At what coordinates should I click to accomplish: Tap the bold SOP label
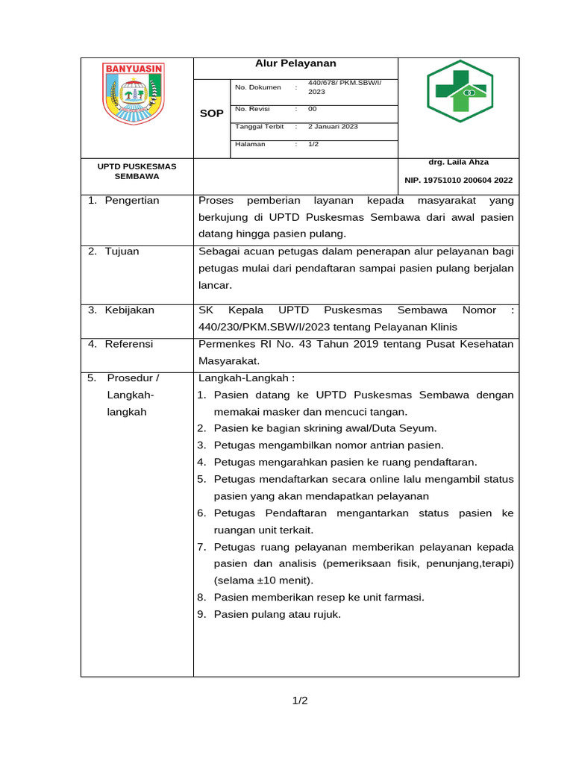[211, 113]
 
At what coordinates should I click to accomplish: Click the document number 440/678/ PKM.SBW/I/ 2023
[344, 87]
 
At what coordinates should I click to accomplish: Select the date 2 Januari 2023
[333, 127]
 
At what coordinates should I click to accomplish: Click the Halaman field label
[250, 144]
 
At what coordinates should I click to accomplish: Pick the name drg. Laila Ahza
[458, 162]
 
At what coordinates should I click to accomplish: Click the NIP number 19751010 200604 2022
[458, 181]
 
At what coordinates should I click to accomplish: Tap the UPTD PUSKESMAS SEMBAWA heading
[137, 171]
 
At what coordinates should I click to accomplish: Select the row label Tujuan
[122, 251]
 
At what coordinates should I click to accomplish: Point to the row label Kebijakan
[129, 310]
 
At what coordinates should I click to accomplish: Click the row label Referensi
[128, 344]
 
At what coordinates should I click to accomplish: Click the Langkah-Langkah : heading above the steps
[246, 378]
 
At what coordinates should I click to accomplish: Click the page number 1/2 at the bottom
[300, 701]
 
